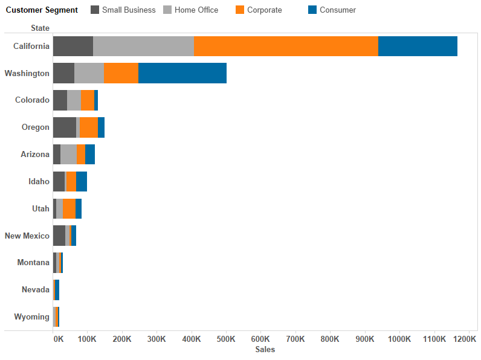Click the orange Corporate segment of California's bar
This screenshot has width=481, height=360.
point(286,47)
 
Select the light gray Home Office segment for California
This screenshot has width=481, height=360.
point(143,47)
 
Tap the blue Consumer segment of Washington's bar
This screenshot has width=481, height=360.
point(182,73)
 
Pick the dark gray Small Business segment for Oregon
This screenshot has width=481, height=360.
point(64,127)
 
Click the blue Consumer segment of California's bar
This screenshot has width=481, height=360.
point(418,47)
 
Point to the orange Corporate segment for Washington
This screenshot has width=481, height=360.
point(121,73)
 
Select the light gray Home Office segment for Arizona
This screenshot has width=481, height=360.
point(68,155)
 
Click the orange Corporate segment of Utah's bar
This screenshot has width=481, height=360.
point(69,208)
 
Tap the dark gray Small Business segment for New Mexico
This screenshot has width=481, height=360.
point(59,236)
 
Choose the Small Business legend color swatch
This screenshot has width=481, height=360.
point(94,10)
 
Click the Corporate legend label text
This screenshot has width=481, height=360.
point(264,10)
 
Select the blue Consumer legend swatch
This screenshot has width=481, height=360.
point(312,10)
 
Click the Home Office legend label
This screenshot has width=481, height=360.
point(196,10)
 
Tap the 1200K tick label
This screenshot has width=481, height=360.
point(464,339)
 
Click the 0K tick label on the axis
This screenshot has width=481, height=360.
point(58,339)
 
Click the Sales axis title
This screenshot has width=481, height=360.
point(265,350)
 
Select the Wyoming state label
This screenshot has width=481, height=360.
point(31,317)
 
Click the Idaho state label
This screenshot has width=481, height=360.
point(39,182)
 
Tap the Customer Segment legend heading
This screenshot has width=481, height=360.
point(42,10)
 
